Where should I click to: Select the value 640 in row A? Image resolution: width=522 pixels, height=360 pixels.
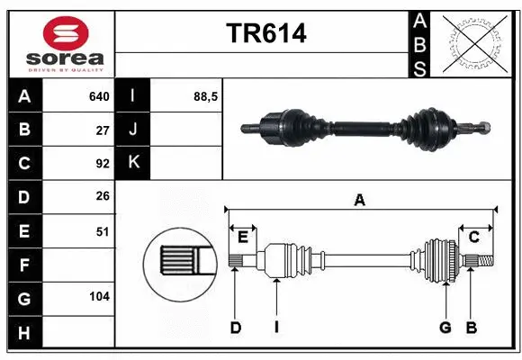pos(98,96)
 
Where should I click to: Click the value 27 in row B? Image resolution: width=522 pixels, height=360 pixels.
pos(103,130)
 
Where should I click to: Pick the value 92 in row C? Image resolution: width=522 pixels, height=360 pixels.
pos(103,164)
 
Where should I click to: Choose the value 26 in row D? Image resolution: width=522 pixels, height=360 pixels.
pos(103,197)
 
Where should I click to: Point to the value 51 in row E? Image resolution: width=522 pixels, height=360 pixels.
pos(103,231)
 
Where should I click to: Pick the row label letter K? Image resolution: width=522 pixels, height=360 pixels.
pos(134,163)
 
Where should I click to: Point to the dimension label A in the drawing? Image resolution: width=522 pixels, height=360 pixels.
pos(360,201)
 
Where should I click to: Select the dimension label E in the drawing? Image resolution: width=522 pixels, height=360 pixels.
pos(243,237)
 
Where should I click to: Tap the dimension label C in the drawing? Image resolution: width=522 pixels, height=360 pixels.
pos(473,237)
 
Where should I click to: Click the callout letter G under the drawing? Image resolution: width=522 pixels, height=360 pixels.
pos(445,328)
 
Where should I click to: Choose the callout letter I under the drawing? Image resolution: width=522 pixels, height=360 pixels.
pos(277,328)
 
